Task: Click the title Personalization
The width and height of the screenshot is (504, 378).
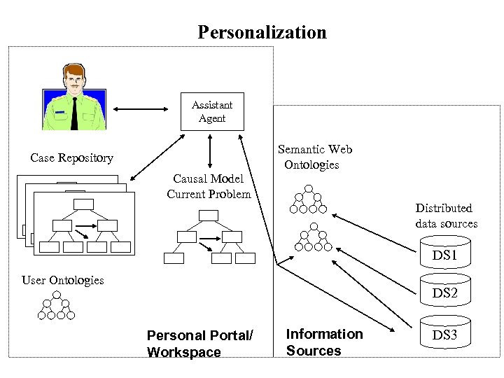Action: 262,32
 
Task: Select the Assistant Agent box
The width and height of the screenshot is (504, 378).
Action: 212,111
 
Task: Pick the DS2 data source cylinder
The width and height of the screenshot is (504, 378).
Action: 444,293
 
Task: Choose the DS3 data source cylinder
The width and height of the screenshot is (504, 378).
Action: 444,335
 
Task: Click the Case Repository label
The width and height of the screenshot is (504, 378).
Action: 71,157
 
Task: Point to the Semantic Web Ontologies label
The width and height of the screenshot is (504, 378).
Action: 314,157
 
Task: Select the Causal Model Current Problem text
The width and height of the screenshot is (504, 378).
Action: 209,186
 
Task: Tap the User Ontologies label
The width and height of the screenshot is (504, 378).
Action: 62,280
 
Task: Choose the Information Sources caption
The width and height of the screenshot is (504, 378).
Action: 324,342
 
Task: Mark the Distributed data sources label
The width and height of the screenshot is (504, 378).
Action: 446,216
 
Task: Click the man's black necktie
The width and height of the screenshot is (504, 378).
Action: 73,112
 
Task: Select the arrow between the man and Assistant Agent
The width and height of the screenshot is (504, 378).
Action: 141,109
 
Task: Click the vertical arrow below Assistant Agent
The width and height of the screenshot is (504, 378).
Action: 210,149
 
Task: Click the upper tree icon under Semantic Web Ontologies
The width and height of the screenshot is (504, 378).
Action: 309,199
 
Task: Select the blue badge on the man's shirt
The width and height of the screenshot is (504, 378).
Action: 60,111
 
